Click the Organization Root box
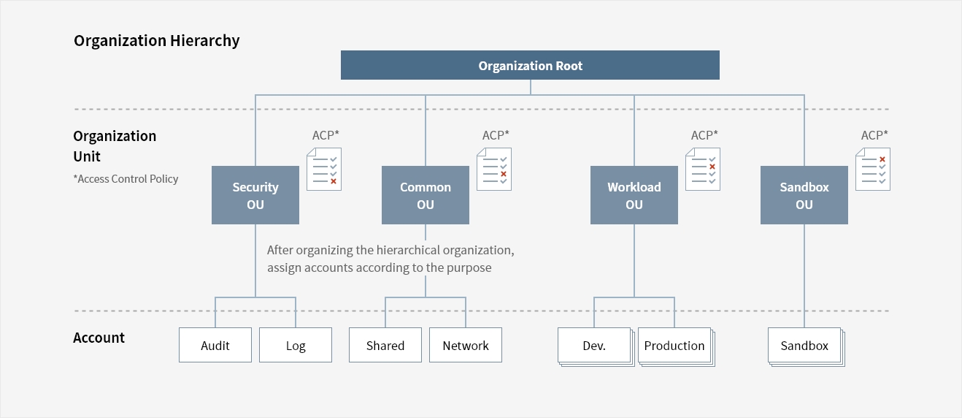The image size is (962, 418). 530,65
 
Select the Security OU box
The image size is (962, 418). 255,195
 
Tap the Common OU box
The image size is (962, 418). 426,195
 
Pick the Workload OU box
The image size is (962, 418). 634,195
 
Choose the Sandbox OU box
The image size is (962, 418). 804,195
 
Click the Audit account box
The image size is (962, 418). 215,345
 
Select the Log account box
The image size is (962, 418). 296,345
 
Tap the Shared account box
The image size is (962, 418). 385,345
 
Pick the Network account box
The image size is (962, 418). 466,345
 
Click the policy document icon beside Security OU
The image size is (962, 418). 324,169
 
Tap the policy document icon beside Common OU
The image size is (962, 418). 494,169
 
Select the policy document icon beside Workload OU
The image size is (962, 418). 703,169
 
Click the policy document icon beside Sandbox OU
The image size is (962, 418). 873,169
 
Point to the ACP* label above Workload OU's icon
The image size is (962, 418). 704,135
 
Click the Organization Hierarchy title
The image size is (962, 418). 156,41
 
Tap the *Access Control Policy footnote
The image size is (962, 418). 126,179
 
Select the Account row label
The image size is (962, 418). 99,338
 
